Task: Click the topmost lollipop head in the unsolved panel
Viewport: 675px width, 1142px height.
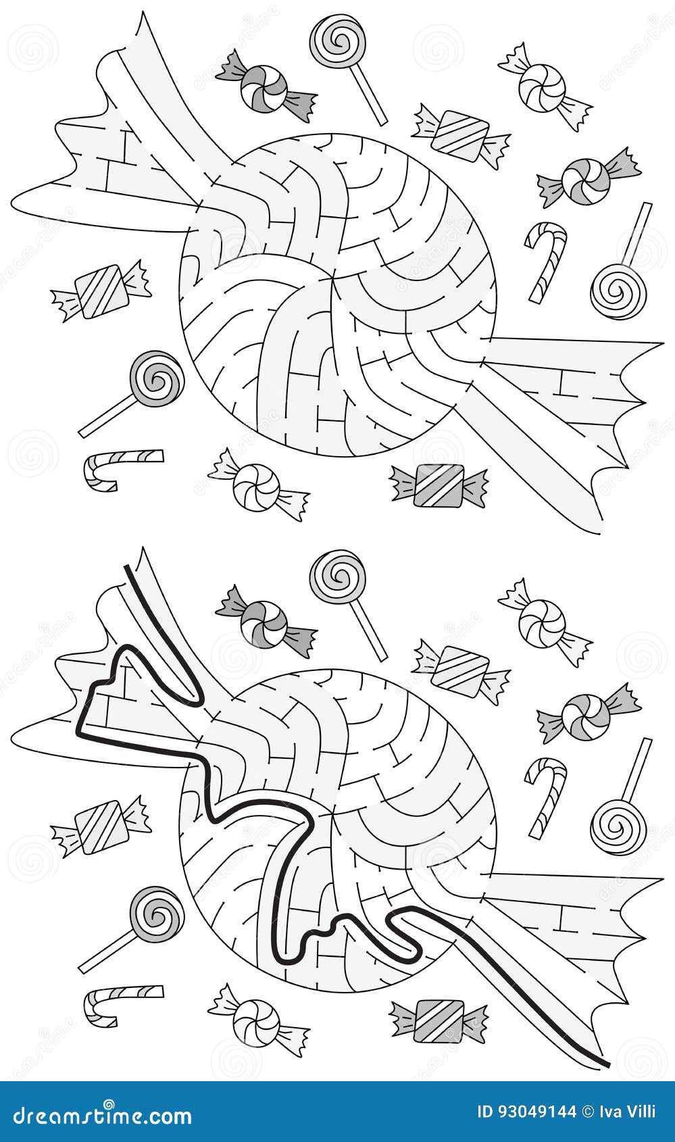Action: (338, 42)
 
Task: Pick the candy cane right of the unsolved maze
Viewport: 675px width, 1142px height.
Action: (545, 261)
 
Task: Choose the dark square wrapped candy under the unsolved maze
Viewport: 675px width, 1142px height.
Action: (439, 485)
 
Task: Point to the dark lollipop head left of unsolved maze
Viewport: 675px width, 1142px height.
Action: (157, 378)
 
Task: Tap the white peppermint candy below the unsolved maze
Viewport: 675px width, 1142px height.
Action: (257, 487)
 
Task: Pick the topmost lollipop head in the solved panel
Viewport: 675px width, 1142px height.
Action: (338, 577)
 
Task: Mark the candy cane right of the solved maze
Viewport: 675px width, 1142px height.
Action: (545, 796)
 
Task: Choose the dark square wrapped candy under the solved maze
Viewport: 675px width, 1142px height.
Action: (439, 1020)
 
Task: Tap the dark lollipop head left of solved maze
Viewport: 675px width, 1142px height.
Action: (157, 914)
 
